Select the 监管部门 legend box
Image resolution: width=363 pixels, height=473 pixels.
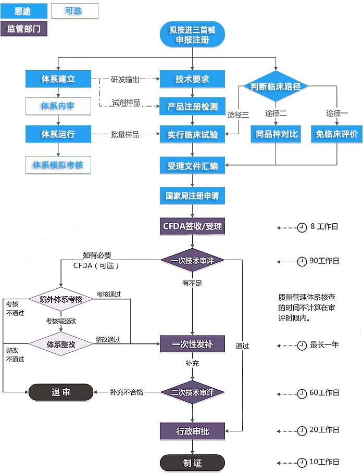tap(24, 29)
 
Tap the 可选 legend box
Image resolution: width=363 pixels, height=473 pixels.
tap(74, 11)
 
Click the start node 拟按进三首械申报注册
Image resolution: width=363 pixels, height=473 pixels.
tap(192, 34)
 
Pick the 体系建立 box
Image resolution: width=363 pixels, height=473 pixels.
tap(58, 79)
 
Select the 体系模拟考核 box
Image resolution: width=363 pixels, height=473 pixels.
tap(58, 165)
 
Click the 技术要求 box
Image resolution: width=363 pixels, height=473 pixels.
tap(192, 79)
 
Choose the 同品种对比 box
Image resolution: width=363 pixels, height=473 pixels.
tap(277, 134)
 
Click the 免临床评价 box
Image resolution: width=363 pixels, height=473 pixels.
tap(336, 134)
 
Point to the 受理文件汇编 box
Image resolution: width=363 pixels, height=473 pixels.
tap(192, 165)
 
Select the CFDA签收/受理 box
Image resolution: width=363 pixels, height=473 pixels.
tap(192, 226)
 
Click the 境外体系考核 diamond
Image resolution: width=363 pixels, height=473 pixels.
tap(61, 299)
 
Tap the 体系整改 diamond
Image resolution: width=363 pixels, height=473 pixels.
tap(61, 344)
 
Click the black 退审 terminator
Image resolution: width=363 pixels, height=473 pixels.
tap(60, 392)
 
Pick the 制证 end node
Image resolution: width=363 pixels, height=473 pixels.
tap(192, 463)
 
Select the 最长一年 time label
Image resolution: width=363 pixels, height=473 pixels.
tap(324, 344)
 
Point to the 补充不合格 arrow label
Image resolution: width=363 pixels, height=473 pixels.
tap(126, 392)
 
